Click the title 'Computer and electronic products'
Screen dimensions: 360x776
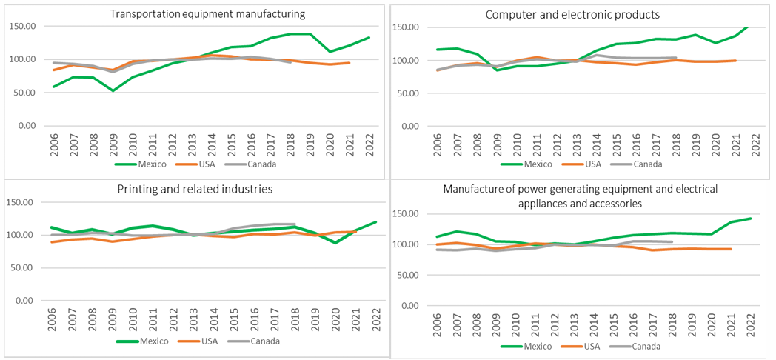[x=572, y=15]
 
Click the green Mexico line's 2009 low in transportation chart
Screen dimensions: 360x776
[x=113, y=90]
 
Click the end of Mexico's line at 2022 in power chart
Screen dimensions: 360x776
[x=752, y=219]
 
